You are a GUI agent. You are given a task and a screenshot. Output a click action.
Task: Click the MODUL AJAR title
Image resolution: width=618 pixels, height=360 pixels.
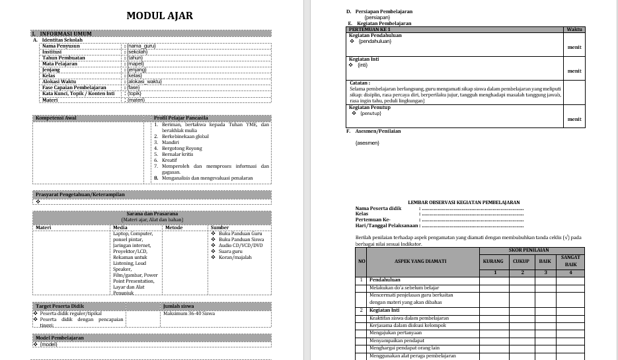coord(160,16)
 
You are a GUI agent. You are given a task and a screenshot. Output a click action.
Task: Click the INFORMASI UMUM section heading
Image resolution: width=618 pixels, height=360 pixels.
coord(65,33)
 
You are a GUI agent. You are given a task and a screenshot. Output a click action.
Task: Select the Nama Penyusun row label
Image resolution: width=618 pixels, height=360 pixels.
coord(63,46)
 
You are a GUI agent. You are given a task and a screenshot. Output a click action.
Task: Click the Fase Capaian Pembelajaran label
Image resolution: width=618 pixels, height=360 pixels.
coord(73,87)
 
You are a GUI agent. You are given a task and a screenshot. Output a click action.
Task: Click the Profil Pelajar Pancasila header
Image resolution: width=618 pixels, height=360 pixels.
coord(180,118)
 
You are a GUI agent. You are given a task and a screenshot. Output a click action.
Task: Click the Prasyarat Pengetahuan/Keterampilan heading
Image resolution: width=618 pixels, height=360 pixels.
coord(80,194)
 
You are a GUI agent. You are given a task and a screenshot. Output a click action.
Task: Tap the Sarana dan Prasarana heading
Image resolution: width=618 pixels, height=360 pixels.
coord(151,214)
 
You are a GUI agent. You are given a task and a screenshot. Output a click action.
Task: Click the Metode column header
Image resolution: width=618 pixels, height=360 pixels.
coord(174,227)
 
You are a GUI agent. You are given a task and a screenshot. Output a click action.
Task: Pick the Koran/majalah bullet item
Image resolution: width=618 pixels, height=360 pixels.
coord(235,257)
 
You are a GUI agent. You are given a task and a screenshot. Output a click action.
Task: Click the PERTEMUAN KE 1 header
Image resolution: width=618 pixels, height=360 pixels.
coord(370,29)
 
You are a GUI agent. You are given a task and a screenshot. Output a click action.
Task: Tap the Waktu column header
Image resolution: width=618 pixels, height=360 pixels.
coord(574,29)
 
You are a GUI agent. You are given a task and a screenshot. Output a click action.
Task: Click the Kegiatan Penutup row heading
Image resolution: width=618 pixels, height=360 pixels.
coord(370,106)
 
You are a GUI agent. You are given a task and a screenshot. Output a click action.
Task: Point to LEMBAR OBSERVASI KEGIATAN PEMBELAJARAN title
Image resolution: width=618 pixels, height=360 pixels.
coord(463,202)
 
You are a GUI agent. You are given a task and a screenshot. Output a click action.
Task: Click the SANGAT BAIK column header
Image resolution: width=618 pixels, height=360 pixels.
coord(571,260)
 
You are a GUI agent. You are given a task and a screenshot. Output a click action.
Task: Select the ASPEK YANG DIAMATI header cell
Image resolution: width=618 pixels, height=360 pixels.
coord(420,261)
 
